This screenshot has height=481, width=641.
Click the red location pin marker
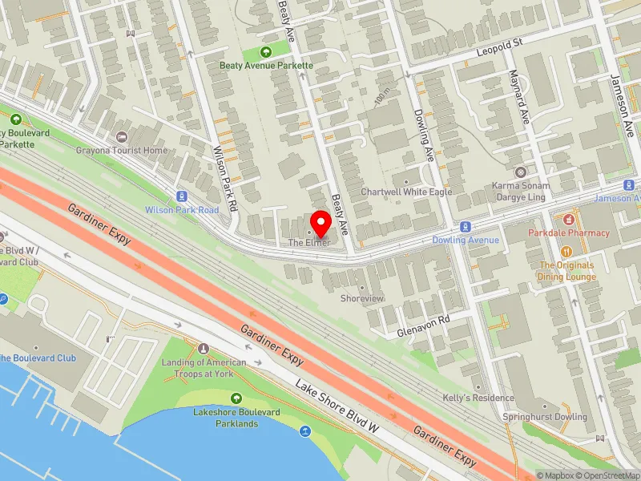pyautogui.click(x=321, y=222)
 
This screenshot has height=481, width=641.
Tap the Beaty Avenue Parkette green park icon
pyautogui.click(x=267, y=51)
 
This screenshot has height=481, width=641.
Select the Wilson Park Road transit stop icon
pyautogui.click(x=182, y=196)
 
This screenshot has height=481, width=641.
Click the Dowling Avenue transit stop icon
pyautogui.click(x=465, y=227)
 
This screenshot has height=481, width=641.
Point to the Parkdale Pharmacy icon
pyautogui.click(x=569, y=219)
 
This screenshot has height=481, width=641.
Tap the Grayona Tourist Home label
pyautogui.click(x=123, y=150)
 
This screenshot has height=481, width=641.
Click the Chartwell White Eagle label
pyautogui.click(x=406, y=192)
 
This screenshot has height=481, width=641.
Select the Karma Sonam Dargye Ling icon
pyautogui.click(x=520, y=172)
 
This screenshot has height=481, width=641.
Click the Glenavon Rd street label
pyautogui.click(x=424, y=325)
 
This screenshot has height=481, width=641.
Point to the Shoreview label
pyautogui.click(x=362, y=298)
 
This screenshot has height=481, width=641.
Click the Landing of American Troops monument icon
pyautogui.click(x=204, y=349)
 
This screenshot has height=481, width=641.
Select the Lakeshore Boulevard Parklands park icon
pyautogui.click(x=236, y=398)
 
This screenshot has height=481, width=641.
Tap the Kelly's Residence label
pyautogui.click(x=478, y=398)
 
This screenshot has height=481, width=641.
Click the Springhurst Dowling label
pyautogui.click(x=544, y=417)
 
